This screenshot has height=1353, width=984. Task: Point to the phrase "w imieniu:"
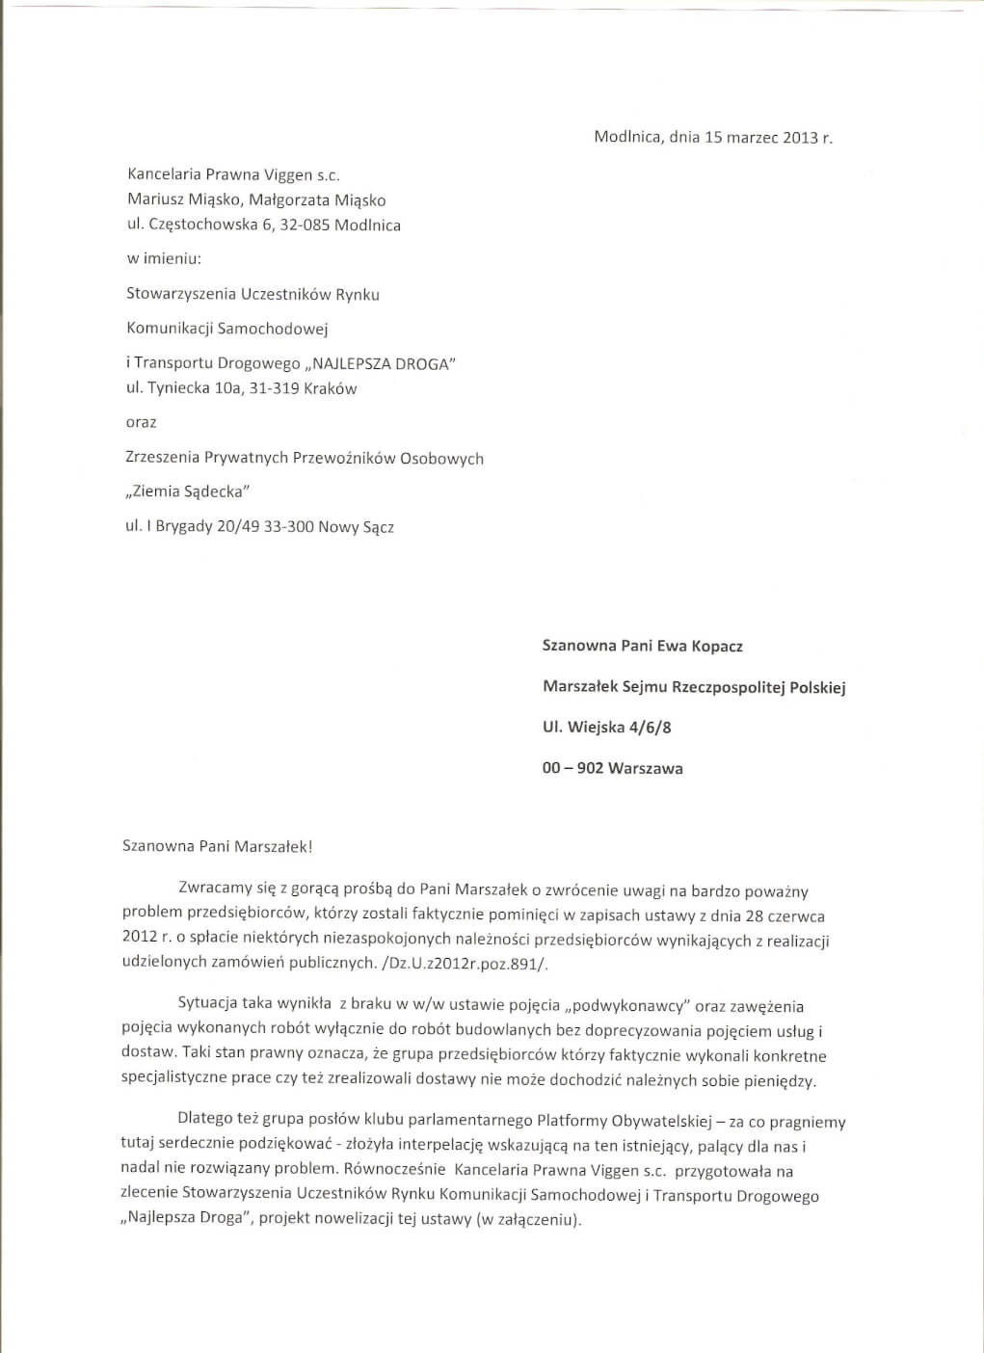pos(164,258)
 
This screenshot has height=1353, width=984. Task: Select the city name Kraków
pos(330,388)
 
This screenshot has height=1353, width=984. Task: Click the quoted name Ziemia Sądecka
pos(188,491)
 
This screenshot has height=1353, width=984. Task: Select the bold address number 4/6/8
pos(650,728)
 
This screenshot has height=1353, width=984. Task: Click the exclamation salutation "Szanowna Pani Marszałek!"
pos(218,846)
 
